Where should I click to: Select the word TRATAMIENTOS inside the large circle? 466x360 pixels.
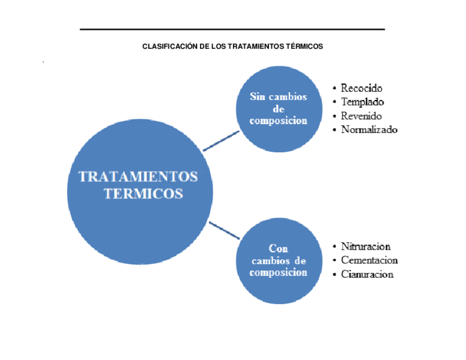pos(138,176)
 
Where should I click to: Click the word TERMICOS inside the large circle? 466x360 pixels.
pos(143,193)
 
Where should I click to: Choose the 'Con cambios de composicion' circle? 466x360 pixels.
pos(278,261)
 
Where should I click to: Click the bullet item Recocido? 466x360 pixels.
pos(361,88)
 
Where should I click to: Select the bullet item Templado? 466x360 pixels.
pos(362,102)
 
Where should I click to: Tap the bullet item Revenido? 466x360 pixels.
pos(361,116)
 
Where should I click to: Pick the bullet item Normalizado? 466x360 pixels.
pos(369,130)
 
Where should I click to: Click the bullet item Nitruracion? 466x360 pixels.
pos(365,246)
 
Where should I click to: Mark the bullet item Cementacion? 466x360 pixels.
pos(369,260)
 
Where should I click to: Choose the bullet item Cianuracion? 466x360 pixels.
pos(367,274)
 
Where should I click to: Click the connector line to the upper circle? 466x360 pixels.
pos(221,141)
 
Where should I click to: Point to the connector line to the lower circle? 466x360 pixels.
pos(224,230)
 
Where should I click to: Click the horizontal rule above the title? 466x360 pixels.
pos(232,29)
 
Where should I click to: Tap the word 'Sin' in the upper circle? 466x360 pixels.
pos(258,97)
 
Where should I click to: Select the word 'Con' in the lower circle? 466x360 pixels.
pos(278,248)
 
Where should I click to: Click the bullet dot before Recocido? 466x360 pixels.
pos(335,88)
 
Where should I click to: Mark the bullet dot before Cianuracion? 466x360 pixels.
pos(335,274)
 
